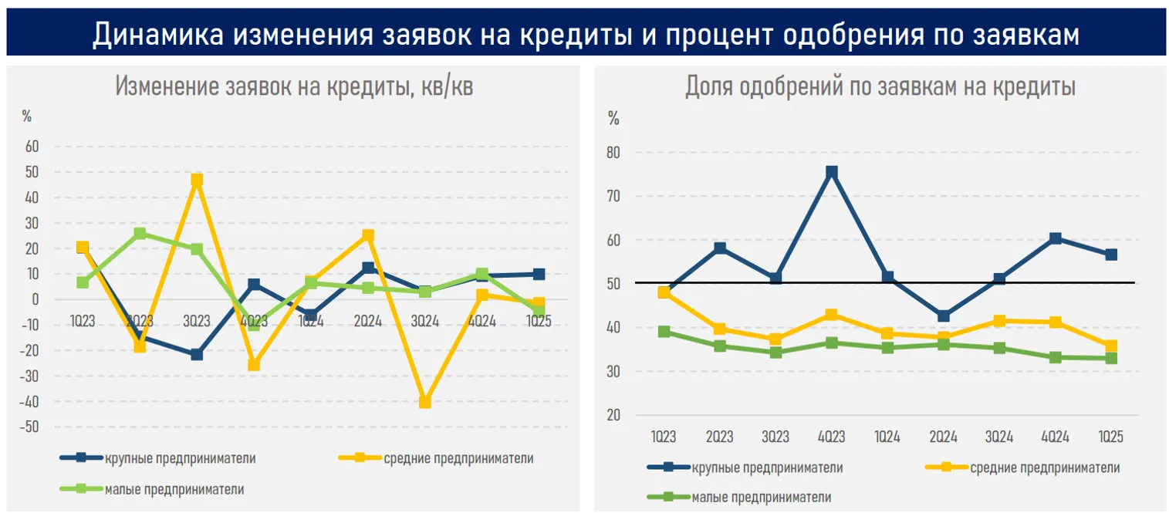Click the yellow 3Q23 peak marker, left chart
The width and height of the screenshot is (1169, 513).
pos(197,180)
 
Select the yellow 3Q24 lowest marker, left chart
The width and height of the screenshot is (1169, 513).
pos(424,402)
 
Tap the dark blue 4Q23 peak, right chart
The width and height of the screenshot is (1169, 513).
pos(831,172)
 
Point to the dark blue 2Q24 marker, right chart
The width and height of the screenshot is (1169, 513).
pos(943,316)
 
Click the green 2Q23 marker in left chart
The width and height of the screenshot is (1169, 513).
pos(140,233)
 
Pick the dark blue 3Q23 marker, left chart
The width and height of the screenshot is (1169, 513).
pos(197,355)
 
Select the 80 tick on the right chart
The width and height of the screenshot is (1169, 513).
pos(613,153)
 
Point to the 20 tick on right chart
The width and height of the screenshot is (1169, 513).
pos(613,416)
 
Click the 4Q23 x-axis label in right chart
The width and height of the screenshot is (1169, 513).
pos(831,437)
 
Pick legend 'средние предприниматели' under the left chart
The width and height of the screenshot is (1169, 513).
pos(458,458)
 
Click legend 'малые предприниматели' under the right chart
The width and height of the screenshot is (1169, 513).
pos(761,498)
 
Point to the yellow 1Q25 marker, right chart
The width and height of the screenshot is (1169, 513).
pos(1110,346)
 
